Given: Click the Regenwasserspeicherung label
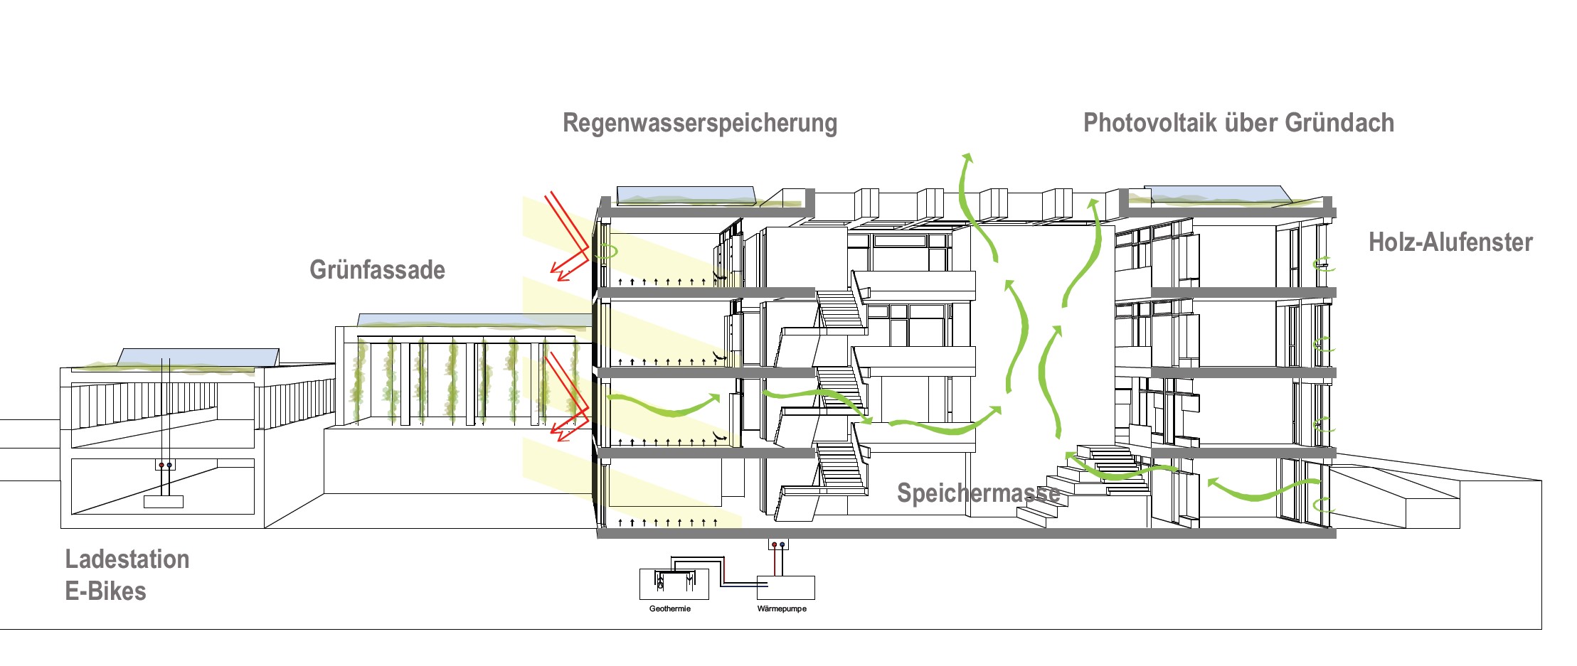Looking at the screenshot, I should click(x=700, y=123).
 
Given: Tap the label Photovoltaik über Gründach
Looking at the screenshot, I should click(x=1238, y=123).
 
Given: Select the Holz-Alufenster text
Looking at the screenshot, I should click(x=1450, y=242).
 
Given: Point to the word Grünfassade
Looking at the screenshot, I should click(x=377, y=270).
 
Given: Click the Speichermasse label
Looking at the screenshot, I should click(x=978, y=493).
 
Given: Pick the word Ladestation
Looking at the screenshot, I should click(x=127, y=559).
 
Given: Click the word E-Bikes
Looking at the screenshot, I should click(x=105, y=591).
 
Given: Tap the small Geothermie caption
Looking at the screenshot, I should click(x=669, y=609).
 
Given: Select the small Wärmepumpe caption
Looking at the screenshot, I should click(x=782, y=609).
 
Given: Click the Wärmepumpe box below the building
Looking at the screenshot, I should click(x=785, y=588).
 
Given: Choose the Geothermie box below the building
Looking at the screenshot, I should click(x=674, y=584).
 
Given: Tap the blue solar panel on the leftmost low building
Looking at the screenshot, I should click(x=199, y=357).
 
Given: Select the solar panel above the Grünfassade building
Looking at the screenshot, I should click(x=473, y=321).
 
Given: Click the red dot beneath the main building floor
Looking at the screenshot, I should click(x=775, y=545).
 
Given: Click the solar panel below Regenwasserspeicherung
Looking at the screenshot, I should click(x=686, y=195).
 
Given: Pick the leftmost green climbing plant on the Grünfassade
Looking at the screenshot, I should click(x=360, y=380).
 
